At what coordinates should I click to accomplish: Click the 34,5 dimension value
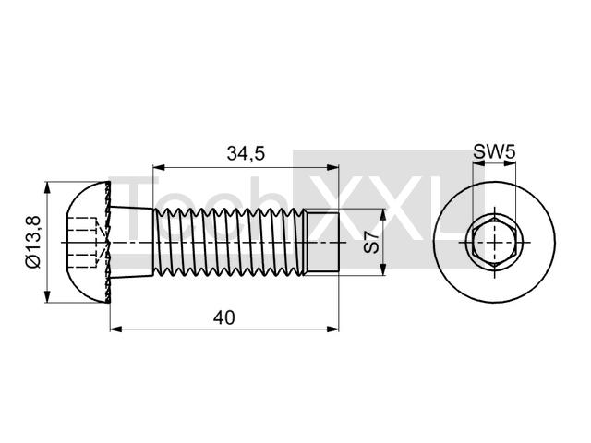pos(247,154)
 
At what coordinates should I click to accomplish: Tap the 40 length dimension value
pos(223,317)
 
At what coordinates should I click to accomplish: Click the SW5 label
pos(494,152)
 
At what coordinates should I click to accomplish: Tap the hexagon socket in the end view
pos(494,242)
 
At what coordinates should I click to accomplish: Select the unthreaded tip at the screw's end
pos(321,242)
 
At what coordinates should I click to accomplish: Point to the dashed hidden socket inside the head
pos(83,242)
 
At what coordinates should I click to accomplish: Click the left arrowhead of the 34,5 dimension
pos(158,167)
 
